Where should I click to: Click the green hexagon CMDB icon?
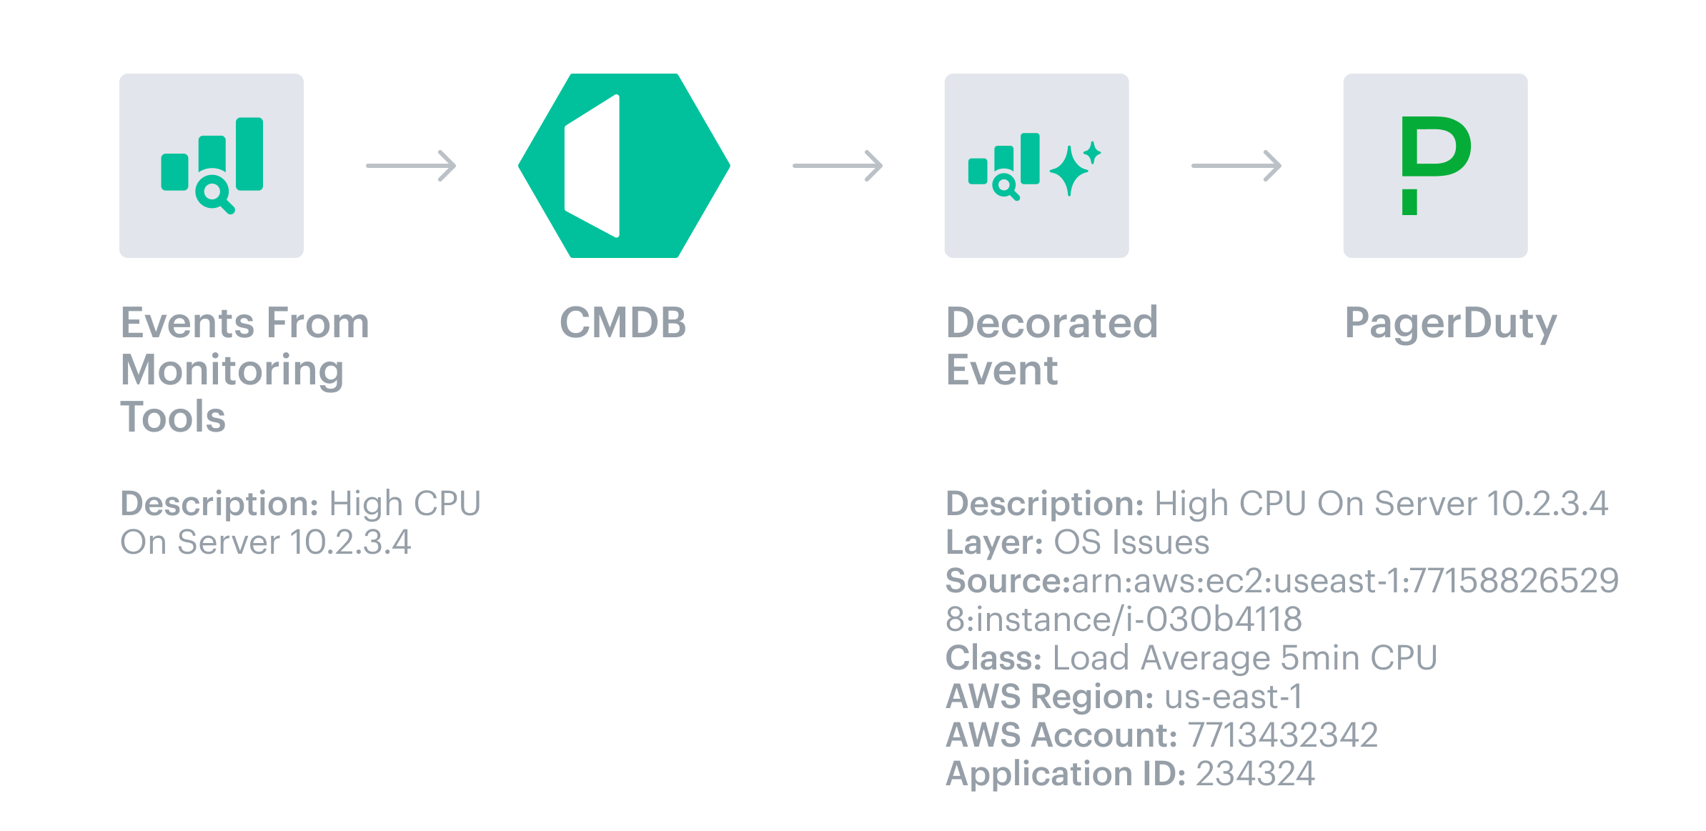pos(624,166)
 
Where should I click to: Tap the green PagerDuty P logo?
pos(1435,164)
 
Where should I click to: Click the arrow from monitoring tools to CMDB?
pos(411,166)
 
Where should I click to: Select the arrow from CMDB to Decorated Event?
pos(838,166)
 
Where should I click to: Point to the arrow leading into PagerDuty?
pos(1236,166)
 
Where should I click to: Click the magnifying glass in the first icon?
pos(214,194)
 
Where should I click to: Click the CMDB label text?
pos(623,323)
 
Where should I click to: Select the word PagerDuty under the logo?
pos(1450,324)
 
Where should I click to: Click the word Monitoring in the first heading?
pos(232,370)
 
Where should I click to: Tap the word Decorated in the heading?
pos(1051,323)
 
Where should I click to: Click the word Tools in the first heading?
pos(173,417)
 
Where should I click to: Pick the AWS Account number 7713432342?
pos(1283,735)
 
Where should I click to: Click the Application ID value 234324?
pos(1255,774)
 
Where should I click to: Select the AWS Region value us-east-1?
pos(1234,697)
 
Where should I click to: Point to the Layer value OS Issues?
pos(1131,542)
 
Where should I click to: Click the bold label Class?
pos(993,658)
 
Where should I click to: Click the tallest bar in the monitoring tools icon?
pos(249,154)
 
